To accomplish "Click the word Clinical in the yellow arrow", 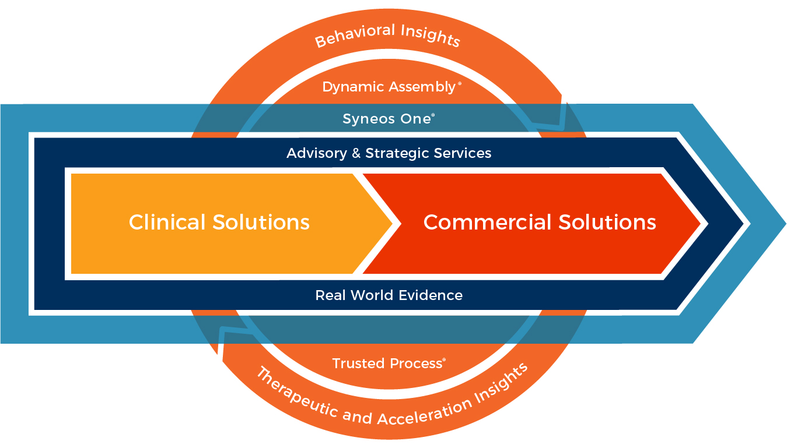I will coord(167,223).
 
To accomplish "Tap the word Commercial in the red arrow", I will coord(488,223).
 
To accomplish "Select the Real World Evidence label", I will coord(389,295).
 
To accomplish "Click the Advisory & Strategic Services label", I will coord(389,153).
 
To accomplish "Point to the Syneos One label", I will coord(388,119).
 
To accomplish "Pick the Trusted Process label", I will coord(388,364).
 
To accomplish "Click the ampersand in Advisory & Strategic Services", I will coord(355,153).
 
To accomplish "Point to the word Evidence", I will coord(433,295).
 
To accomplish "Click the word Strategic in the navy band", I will coord(394,153).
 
